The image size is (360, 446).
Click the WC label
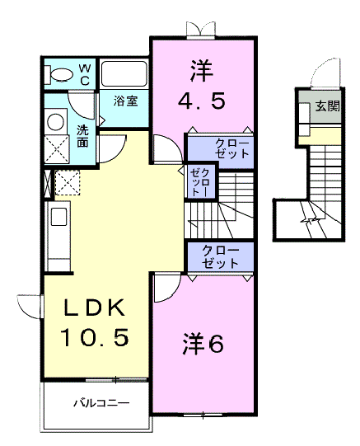pos(85,73)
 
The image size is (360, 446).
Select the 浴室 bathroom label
pos(126,101)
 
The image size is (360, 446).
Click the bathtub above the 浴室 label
pos(124,75)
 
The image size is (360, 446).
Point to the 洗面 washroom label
pos(84,136)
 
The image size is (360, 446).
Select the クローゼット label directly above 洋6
pos(220,257)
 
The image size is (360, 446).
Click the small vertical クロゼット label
pos(199,181)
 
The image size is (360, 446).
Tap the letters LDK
pos(95,308)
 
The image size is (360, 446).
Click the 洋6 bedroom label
pos(203,344)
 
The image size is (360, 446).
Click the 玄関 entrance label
pos(327,106)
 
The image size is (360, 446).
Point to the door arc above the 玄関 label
pos(325,73)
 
